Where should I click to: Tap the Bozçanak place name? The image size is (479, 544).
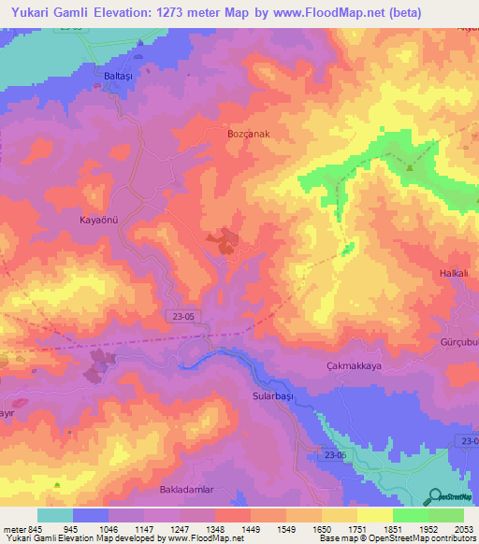point(249,135)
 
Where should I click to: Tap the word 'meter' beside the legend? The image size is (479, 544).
point(14,529)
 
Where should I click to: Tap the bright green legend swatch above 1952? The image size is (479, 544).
point(410,515)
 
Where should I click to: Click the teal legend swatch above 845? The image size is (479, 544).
point(55,515)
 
